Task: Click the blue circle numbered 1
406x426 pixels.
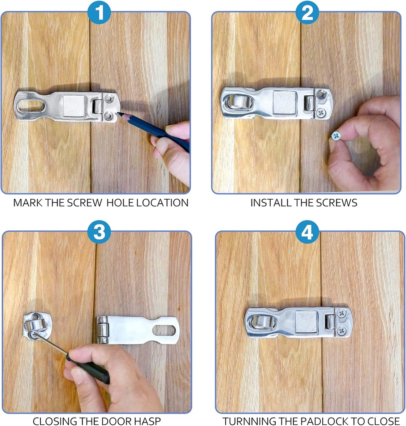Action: tap(99, 13)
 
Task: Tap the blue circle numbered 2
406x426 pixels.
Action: tap(307, 13)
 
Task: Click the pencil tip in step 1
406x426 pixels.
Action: tap(119, 113)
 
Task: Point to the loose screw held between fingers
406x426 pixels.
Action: tap(336, 135)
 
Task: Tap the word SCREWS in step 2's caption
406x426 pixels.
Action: tap(341, 203)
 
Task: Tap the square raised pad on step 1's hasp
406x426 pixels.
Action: tap(74, 106)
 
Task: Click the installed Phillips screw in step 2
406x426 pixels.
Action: tap(321, 112)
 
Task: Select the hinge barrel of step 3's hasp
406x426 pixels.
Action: tap(102, 330)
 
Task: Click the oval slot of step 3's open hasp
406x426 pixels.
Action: tap(164, 330)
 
